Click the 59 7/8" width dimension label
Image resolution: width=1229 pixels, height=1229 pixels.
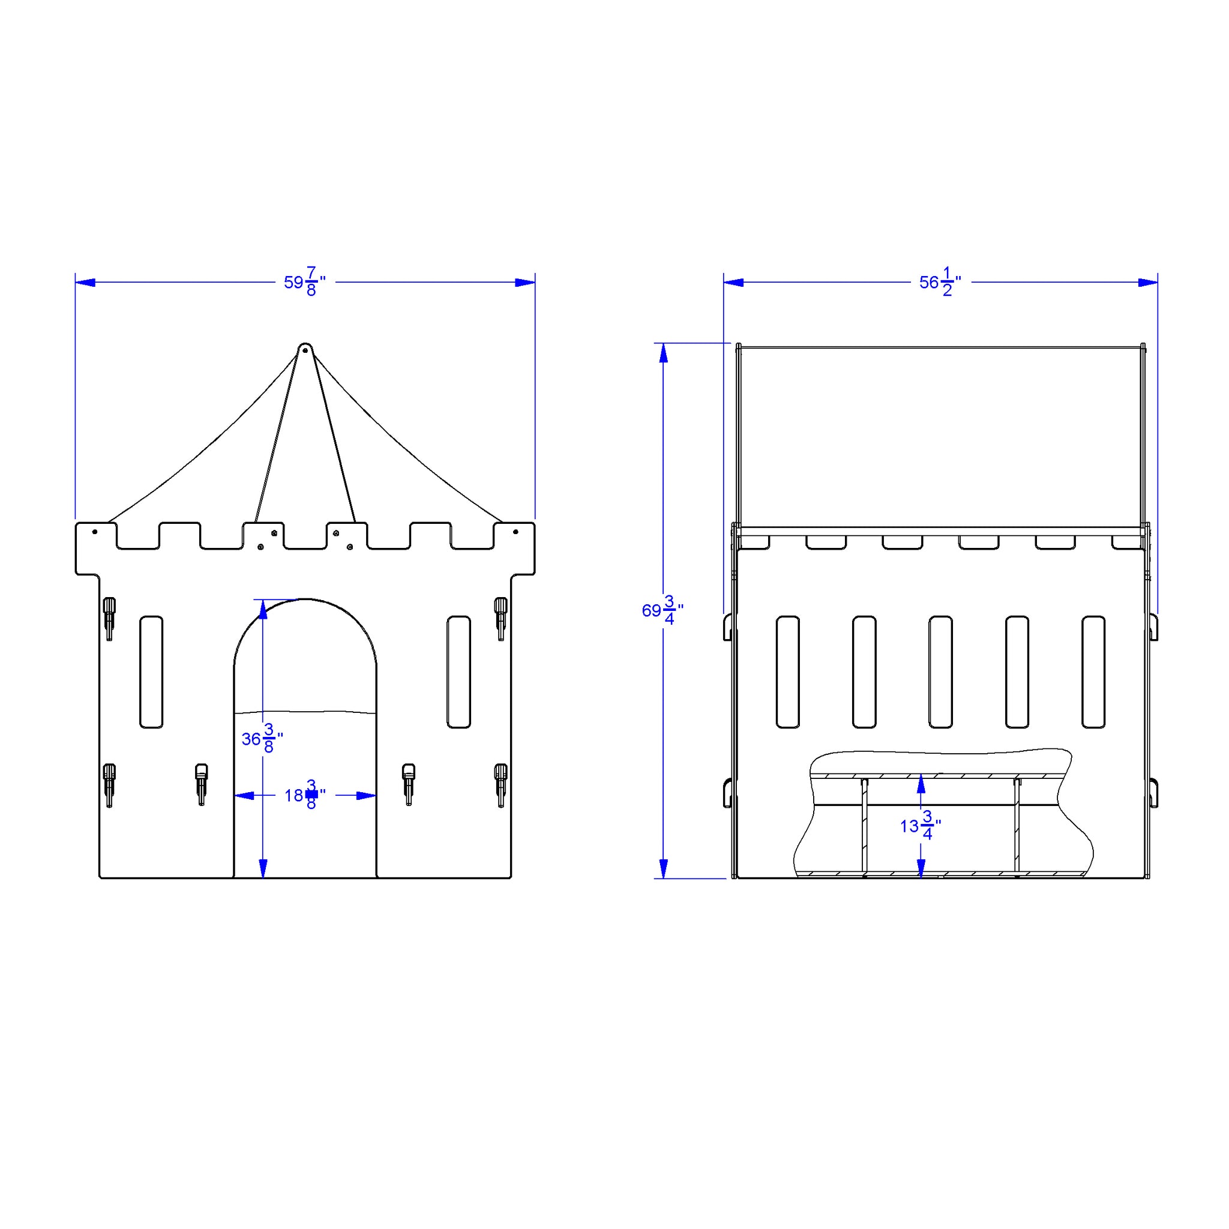(x=305, y=282)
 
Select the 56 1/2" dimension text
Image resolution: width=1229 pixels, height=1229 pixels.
(x=940, y=282)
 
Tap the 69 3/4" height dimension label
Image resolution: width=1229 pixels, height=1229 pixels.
(x=663, y=610)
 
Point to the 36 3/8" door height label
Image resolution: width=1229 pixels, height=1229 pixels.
(x=262, y=739)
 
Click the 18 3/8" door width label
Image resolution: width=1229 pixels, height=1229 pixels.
(x=305, y=795)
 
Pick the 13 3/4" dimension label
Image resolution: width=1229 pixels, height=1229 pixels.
(x=921, y=826)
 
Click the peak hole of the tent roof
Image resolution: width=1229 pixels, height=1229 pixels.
(x=305, y=349)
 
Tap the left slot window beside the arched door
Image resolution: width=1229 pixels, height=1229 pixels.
(x=151, y=672)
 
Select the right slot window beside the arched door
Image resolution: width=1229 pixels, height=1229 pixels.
(x=458, y=672)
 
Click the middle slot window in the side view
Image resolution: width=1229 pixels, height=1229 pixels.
(x=940, y=672)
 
